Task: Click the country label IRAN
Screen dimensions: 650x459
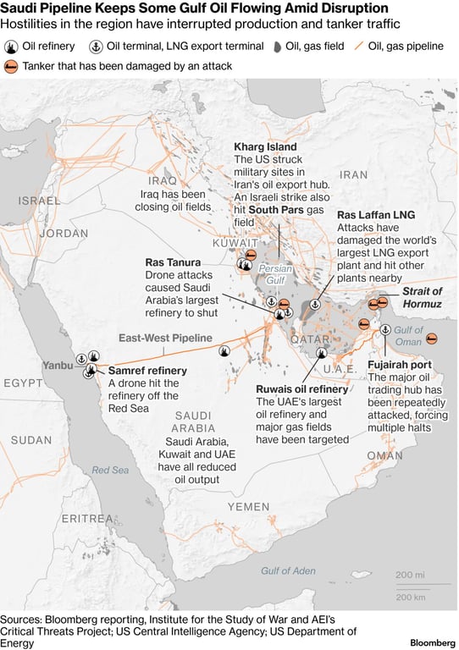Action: click(355, 174)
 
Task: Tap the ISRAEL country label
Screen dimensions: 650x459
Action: click(39, 201)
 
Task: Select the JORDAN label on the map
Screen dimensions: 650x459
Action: click(63, 233)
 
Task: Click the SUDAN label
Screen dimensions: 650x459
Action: click(31, 440)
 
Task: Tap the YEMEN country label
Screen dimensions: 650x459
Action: click(247, 506)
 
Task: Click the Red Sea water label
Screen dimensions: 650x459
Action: click(110, 470)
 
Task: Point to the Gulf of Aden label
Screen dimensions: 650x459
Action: click(287, 570)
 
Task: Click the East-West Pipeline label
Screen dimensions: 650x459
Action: click(165, 338)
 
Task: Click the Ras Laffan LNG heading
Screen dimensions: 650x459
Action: click(376, 215)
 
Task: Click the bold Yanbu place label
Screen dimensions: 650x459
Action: click(57, 366)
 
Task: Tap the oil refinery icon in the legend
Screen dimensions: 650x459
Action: click(12, 46)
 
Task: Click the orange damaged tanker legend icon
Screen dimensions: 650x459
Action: click(12, 65)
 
